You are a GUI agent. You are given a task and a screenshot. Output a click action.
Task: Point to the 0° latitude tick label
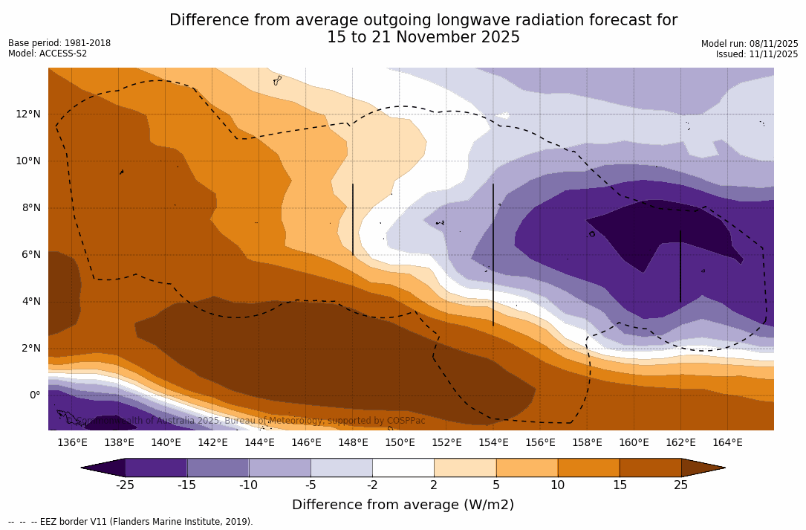[34, 395]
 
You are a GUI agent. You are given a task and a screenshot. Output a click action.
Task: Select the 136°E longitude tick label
[72, 443]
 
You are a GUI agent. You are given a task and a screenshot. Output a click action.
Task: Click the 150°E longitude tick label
[400, 443]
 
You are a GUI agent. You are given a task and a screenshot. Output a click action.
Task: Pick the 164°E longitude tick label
[727, 443]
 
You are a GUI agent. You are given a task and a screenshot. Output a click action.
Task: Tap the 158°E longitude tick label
[587, 443]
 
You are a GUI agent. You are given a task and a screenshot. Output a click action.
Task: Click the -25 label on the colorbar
[124, 485]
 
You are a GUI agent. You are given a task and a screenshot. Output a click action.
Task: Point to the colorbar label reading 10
[557, 485]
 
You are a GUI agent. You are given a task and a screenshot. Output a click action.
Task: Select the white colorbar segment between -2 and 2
[403, 468]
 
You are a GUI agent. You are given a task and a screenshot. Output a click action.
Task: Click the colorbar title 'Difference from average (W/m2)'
[403, 505]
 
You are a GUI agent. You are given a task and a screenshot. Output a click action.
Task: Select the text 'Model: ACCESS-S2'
[48, 54]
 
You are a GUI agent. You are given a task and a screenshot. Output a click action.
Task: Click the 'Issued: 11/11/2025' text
[757, 54]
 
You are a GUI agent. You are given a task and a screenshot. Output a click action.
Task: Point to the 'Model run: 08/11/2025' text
[750, 44]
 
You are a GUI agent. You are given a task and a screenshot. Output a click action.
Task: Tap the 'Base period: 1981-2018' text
[59, 43]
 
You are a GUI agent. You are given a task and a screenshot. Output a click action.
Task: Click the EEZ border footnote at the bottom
[131, 522]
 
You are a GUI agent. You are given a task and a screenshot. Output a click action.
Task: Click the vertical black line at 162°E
[680, 265]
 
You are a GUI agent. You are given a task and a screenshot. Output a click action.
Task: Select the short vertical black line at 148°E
[353, 219]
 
